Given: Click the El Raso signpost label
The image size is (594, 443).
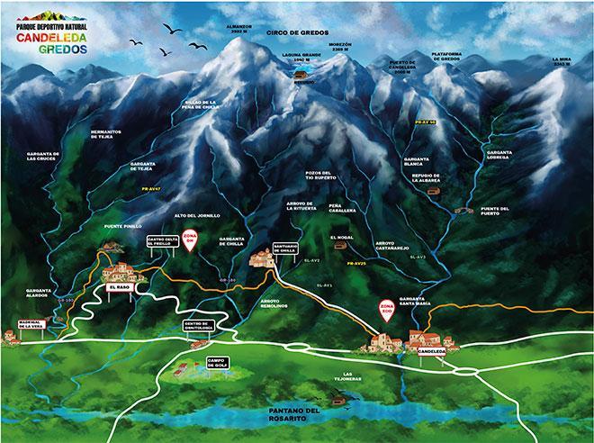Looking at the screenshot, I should coord(119,287).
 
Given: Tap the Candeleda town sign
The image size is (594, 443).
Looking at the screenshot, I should coord(432,352).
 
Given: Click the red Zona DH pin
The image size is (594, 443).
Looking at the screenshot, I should coord(189,240).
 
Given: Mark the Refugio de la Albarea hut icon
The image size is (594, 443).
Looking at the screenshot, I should coord(433,191).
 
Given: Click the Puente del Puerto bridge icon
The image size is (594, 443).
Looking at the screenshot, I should coord(464,211).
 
